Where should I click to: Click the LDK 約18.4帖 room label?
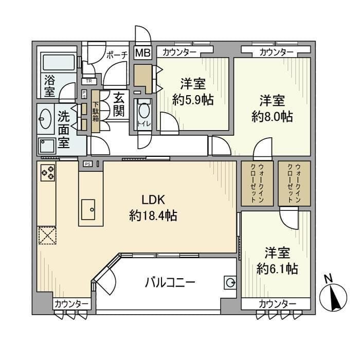153,208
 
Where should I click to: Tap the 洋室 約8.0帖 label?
272,108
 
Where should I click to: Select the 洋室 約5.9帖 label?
193,92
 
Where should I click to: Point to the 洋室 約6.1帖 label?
277,260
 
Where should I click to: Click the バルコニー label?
169,282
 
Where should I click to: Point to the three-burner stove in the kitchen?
48,172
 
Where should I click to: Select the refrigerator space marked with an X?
48,236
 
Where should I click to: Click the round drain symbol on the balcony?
230,282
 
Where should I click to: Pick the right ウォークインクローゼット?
294,184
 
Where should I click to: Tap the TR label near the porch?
89,81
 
